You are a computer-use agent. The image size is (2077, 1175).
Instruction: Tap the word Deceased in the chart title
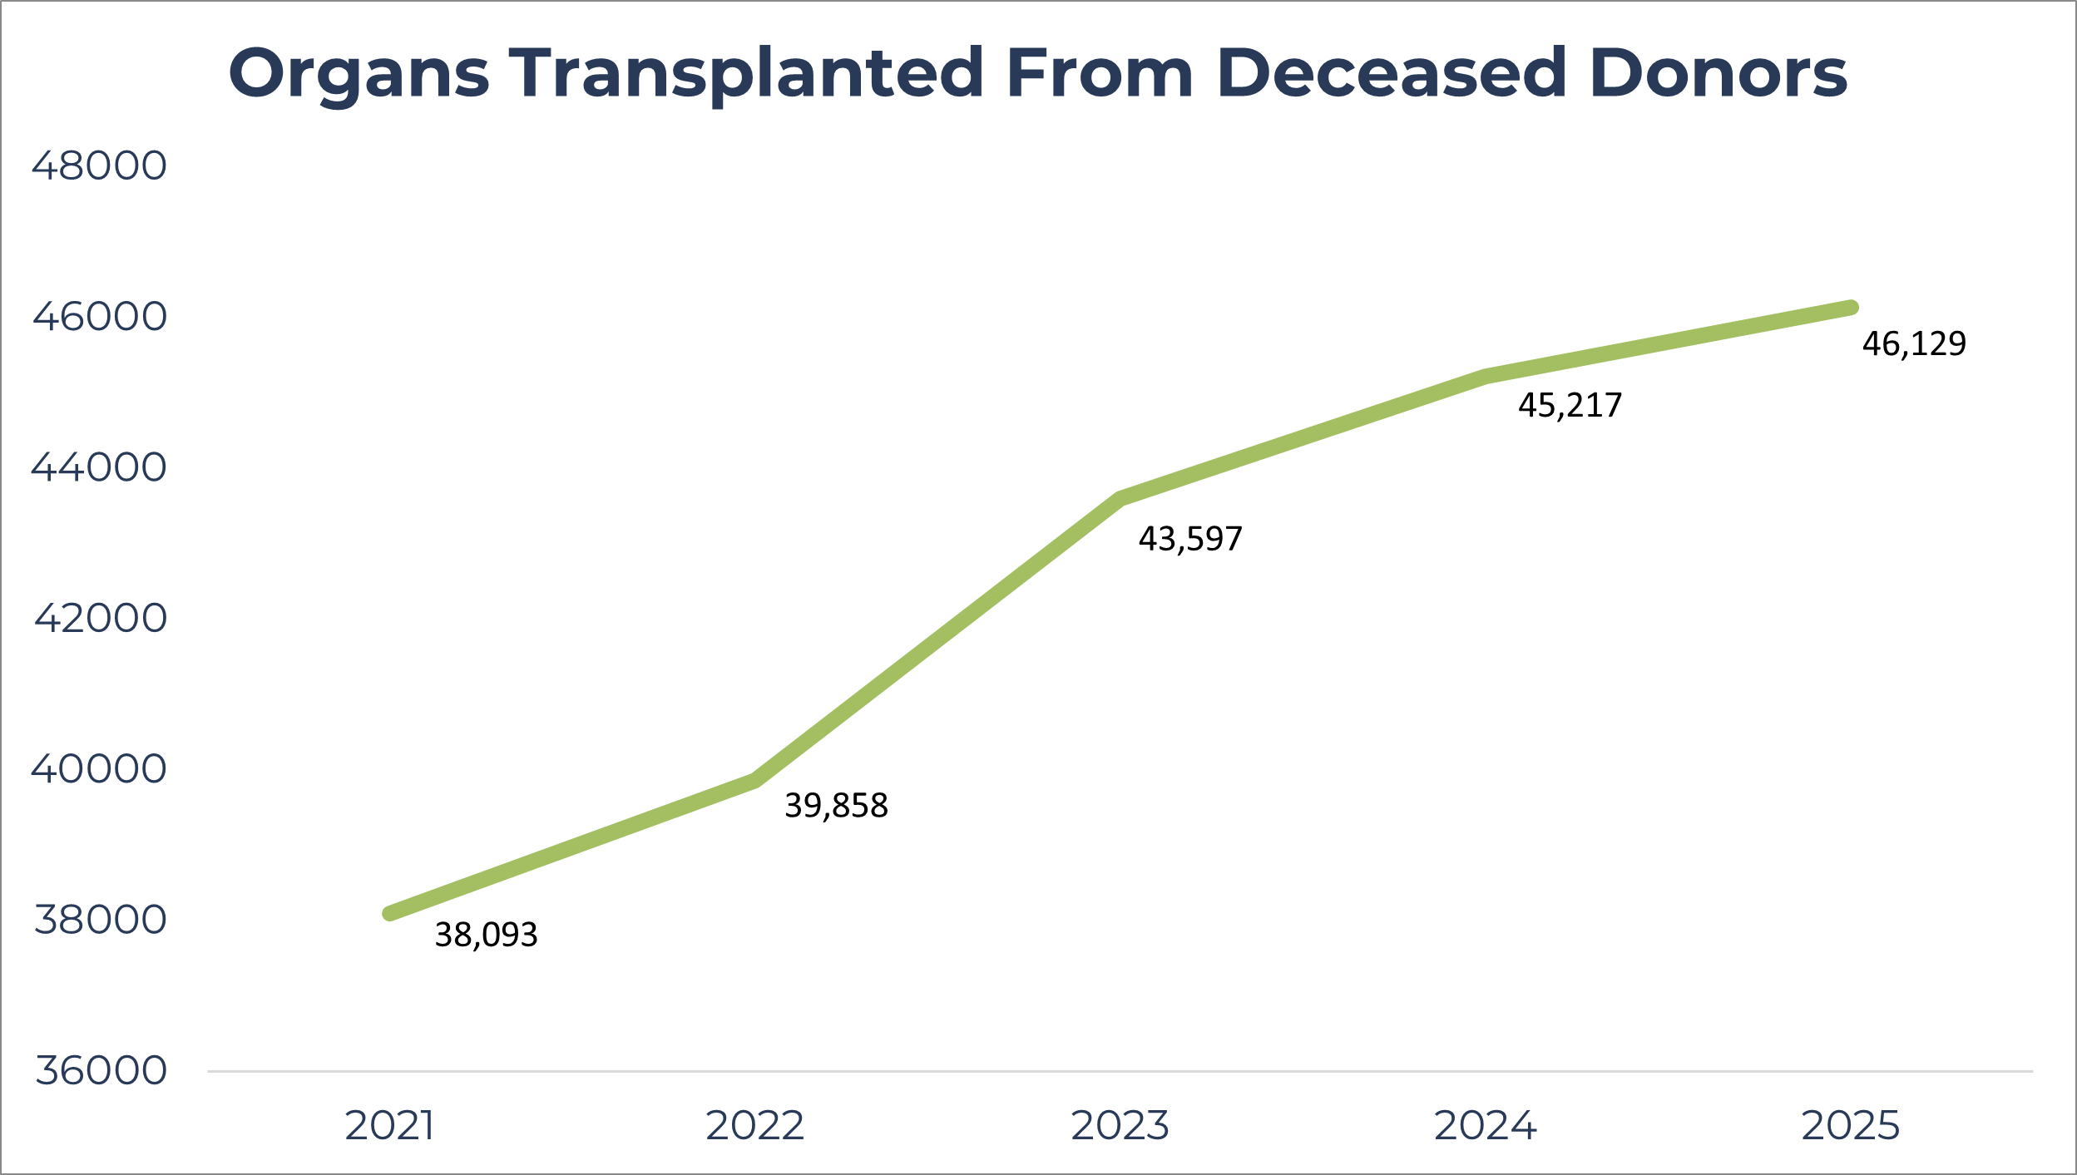pos(1392,73)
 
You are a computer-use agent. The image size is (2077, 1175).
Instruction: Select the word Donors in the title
pos(1718,73)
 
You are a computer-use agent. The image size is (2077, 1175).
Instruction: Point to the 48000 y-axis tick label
pos(100,166)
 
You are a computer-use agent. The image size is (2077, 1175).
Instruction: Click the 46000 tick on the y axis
pos(100,317)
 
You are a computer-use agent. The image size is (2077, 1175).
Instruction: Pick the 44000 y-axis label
pos(100,467)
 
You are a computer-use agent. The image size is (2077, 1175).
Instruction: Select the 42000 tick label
pos(100,618)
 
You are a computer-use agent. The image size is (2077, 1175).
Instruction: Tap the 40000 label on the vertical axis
pos(100,768)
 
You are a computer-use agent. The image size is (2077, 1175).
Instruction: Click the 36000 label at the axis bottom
pos(100,1070)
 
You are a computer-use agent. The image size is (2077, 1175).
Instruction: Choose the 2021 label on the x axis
pos(389,1126)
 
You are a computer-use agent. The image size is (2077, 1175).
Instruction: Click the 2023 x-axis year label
pos(1120,1126)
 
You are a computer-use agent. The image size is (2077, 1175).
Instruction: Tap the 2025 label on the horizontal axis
pos(1851,1126)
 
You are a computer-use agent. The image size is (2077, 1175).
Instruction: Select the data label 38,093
pos(486,936)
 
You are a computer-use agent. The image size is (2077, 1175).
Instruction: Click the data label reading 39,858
pos(836,806)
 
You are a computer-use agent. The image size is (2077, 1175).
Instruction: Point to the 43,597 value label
pos(1190,539)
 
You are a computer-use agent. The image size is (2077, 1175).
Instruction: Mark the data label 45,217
pos(1570,405)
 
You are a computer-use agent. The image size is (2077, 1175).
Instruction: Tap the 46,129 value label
pos(1914,343)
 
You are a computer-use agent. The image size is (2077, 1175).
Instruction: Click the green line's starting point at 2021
pos(389,913)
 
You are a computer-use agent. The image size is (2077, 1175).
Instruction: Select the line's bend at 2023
pos(1120,499)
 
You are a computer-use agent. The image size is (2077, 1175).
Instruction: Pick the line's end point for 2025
pos(1852,308)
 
